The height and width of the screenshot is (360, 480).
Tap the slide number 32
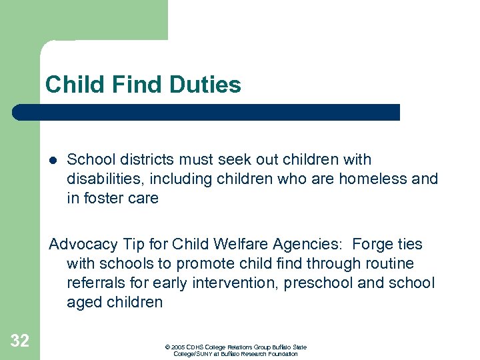pyautogui.click(x=20, y=341)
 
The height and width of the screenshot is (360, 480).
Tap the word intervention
pyautogui.click(x=232, y=283)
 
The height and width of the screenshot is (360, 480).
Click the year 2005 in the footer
pyautogui.click(x=178, y=347)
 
